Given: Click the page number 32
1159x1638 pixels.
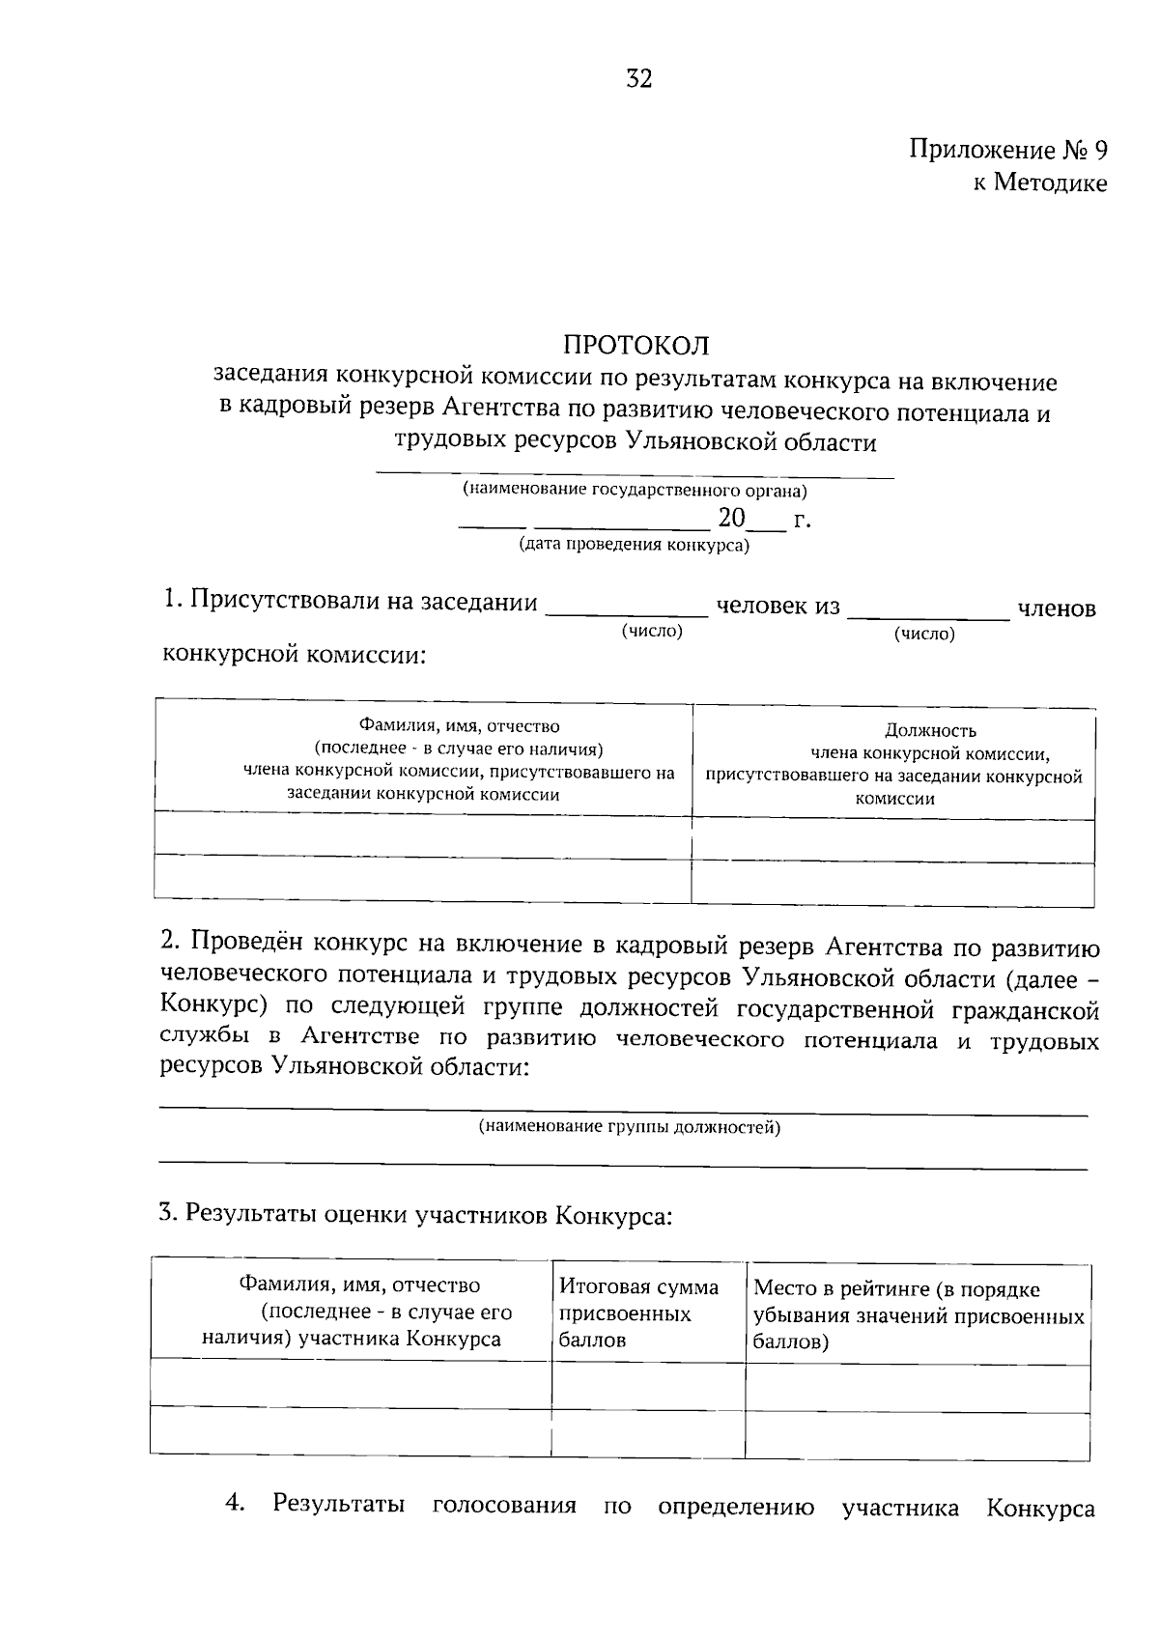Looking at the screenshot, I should coord(639,79).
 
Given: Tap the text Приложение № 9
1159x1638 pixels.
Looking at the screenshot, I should coord(1007,151).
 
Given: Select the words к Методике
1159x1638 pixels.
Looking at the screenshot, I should coord(1039,183).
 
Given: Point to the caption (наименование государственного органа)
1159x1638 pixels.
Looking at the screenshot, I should coord(635,490).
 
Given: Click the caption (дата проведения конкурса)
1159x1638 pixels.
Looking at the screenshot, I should coord(635,545).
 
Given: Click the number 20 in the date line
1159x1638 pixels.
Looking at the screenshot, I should coord(731,520).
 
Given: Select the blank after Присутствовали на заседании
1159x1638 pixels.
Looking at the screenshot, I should coord(627,607).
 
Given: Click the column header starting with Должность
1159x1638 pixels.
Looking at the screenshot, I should coord(893,764).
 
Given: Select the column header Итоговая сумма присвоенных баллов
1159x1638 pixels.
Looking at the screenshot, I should coord(638,1313).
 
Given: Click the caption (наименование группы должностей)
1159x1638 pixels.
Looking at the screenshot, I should coord(630,1127).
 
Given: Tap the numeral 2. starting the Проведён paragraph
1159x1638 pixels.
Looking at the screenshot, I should coord(170,941).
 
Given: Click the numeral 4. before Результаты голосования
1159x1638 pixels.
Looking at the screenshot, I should coord(235,1504).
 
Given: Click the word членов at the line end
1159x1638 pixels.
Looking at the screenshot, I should coord(1057,609).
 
